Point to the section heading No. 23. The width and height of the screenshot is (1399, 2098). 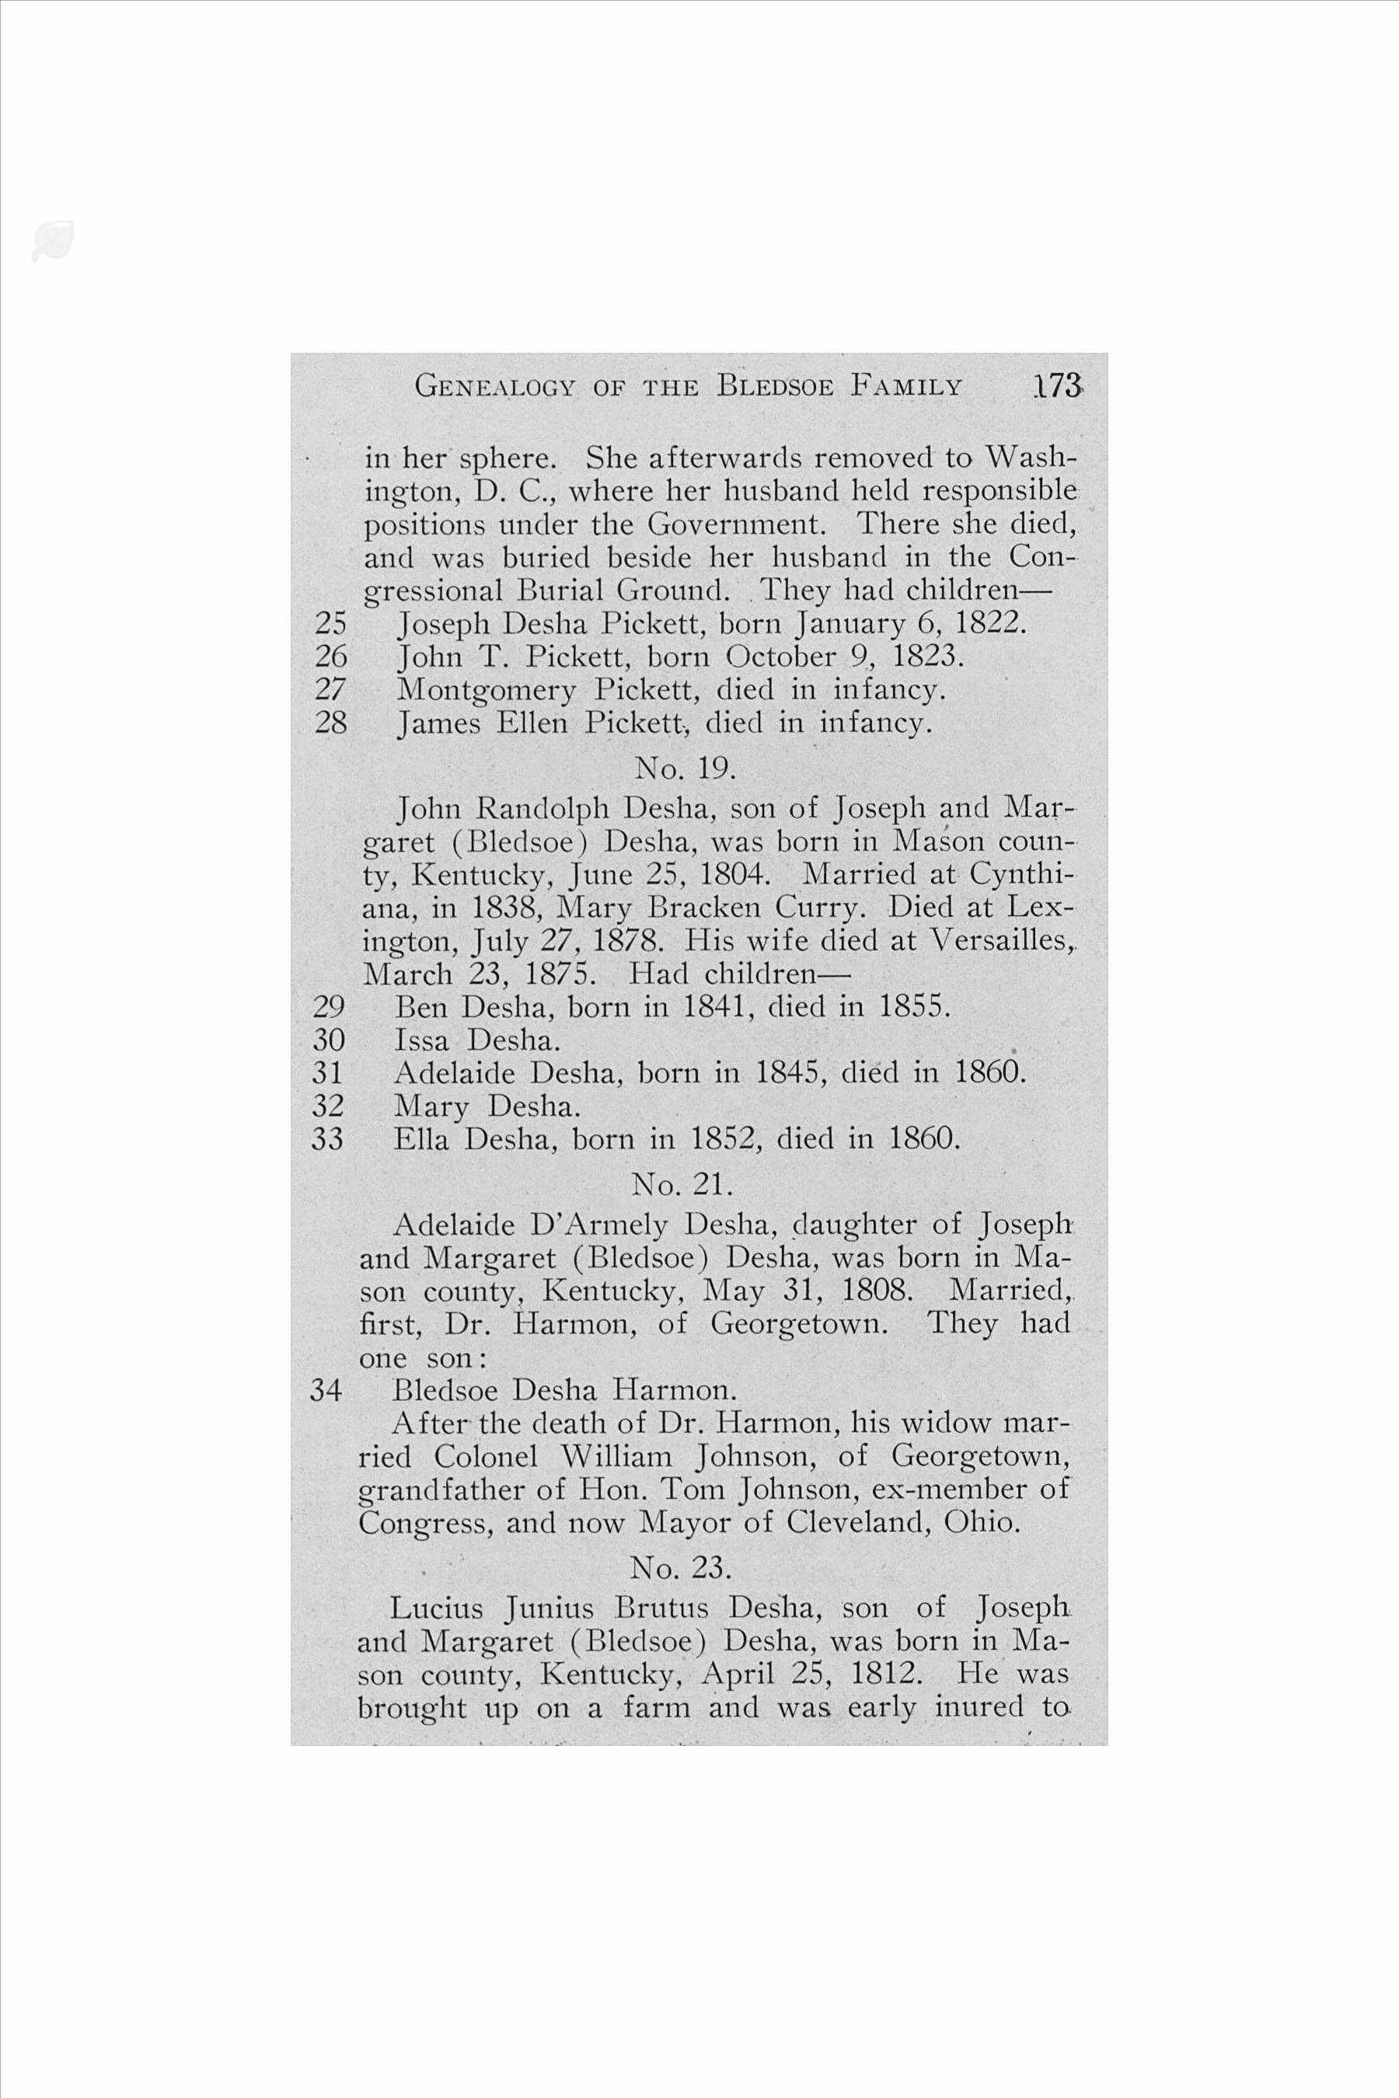[x=681, y=1567]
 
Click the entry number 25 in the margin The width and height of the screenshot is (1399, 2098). [x=331, y=622]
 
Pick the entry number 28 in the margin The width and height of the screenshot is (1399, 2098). [x=331, y=722]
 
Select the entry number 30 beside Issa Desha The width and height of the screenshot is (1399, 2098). [x=328, y=1040]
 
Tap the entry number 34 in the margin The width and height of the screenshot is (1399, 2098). [x=326, y=1391]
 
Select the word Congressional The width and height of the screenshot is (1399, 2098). [x=433, y=591]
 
